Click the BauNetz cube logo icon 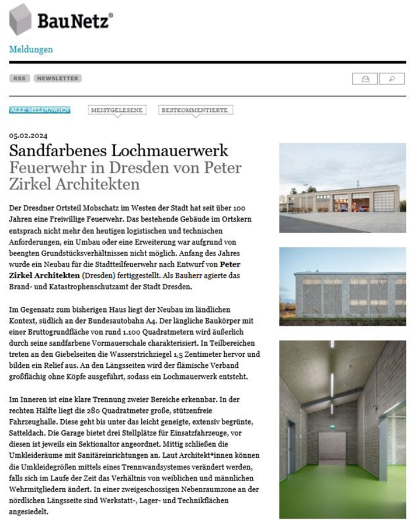pos(20,19)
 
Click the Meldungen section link pos(31,50)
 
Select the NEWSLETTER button pos(57,78)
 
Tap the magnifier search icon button pos(392,79)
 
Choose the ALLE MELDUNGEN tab pos(40,110)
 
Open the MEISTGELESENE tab pos(117,110)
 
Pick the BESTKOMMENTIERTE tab pos(196,110)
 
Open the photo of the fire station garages pos(342,188)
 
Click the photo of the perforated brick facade pos(342,286)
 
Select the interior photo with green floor pos(342,429)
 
